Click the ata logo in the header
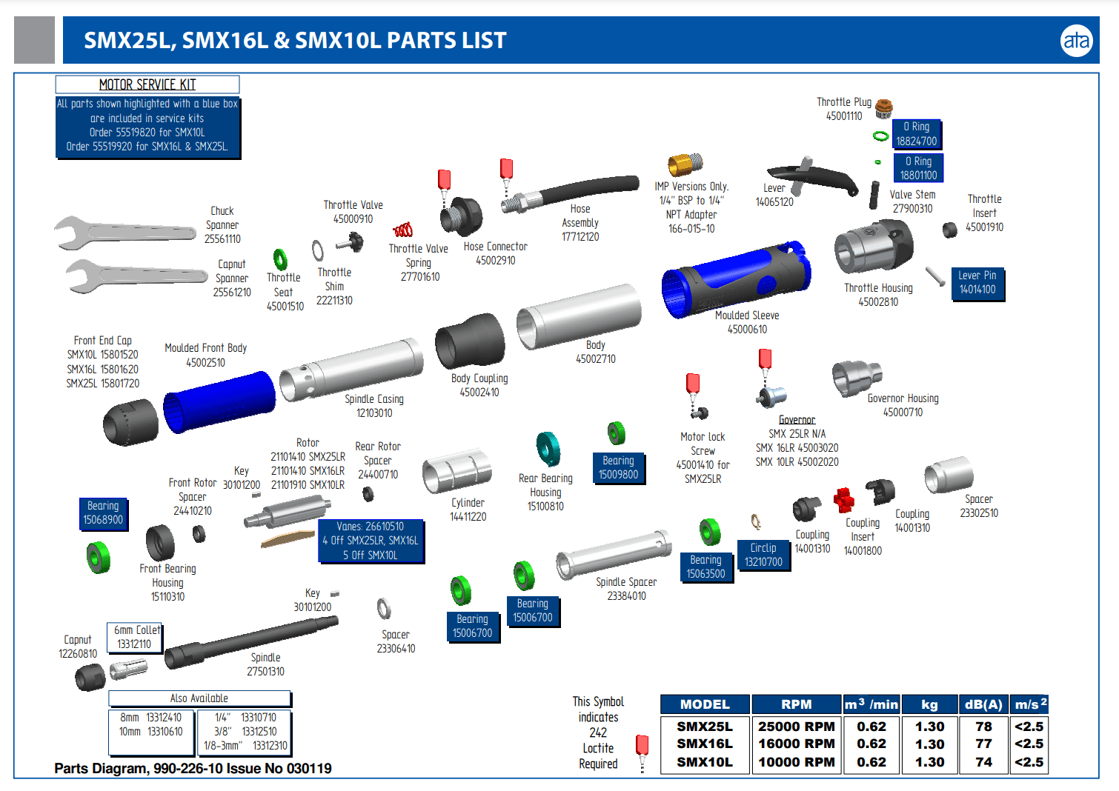(x=1075, y=40)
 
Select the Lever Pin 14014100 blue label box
(x=977, y=282)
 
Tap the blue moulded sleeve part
(x=734, y=278)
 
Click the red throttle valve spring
(x=402, y=230)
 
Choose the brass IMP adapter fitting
(x=685, y=164)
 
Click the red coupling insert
(x=843, y=501)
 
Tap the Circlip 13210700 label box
(x=763, y=555)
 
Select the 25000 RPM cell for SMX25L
(x=796, y=727)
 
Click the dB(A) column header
(x=983, y=704)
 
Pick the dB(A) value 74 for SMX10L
(x=983, y=762)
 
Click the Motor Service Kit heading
(x=147, y=84)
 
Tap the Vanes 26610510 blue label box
(x=370, y=541)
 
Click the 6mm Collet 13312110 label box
(x=134, y=637)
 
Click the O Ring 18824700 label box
(x=917, y=134)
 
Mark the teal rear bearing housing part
(x=548, y=449)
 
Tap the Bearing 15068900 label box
(x=103, y=513)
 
